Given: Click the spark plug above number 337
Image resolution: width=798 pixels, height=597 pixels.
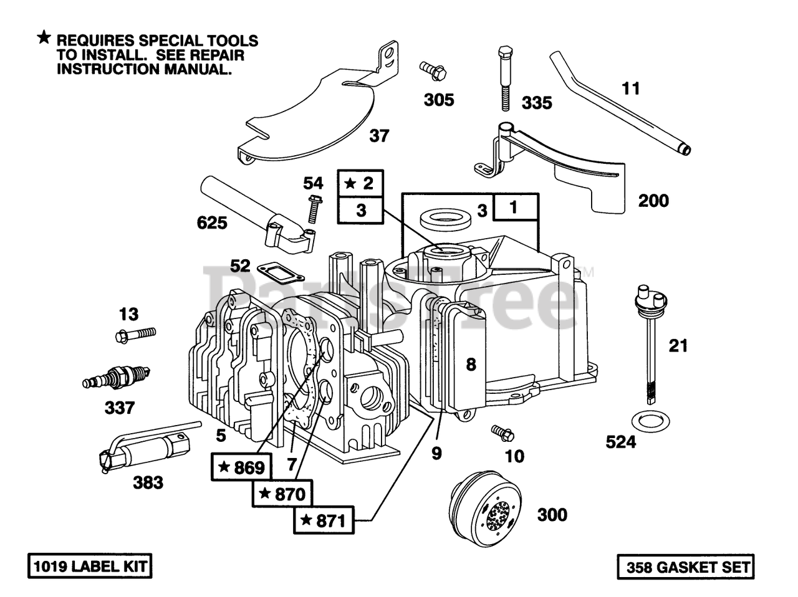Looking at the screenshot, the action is pos(116,378).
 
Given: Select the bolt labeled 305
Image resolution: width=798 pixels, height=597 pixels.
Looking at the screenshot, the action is pos(433,70).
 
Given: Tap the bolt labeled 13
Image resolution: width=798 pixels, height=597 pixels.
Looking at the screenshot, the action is pos(135,334).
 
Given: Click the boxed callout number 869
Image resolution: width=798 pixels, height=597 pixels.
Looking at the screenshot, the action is pos(241,467).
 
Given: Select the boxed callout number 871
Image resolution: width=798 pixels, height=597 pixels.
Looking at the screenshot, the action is pos(324,520).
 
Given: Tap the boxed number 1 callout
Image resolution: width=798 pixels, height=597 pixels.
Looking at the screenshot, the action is pos(515,207).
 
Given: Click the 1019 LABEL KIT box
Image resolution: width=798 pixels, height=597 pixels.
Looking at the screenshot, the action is pos(90,566).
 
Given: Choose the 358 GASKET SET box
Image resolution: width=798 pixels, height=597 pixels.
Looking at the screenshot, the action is pos(686,567).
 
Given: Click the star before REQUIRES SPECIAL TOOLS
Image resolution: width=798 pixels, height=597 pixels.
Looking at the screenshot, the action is pos(44,37).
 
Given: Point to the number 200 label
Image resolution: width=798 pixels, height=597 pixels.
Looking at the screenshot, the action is pos(653,201).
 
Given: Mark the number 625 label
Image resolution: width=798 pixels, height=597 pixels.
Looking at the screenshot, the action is pos(212,222).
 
